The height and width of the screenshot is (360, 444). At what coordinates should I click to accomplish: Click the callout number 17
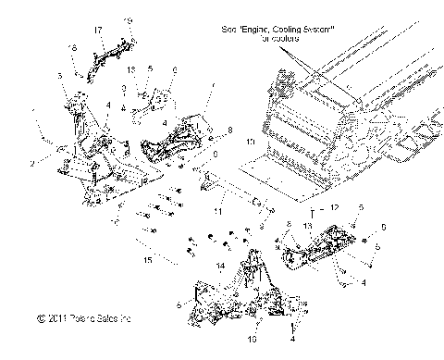97,31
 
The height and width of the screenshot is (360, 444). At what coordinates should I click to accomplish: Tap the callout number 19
129,19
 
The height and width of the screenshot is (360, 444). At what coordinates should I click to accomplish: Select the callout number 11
220,212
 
